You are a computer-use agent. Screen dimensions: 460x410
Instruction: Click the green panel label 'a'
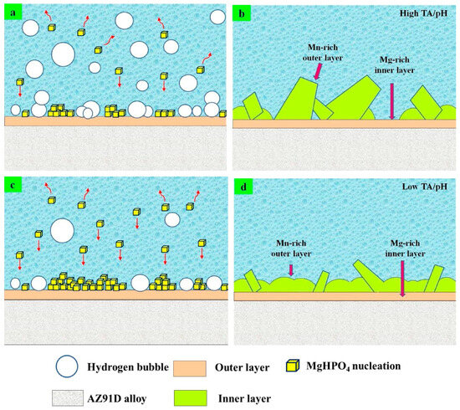coord(13,13)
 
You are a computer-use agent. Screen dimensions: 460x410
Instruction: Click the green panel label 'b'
coord(242,13)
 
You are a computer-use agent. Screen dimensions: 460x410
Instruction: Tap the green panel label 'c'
coord(13,185)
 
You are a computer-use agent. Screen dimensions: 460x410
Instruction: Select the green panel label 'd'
coord(243,187)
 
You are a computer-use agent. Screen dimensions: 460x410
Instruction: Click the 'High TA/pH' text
coord(423,13)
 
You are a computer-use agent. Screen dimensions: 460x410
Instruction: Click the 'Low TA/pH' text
coord(425,187)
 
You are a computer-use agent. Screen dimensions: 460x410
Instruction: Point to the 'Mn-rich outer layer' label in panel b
coord(322,53)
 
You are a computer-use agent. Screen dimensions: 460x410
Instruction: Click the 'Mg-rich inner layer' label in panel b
coord(394,65)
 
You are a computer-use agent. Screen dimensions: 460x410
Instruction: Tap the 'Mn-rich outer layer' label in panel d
coord(291,249)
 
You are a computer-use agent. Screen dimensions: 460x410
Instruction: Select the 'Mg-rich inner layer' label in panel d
coord(405,249)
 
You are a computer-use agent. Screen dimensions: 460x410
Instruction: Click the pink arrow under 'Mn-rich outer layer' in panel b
coord(318,72)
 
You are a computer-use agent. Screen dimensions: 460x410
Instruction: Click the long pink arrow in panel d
coord(402,279)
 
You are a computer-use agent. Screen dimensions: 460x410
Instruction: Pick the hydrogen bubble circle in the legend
coord(67,366)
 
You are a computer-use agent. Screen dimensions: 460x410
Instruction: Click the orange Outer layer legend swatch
coord(190,368)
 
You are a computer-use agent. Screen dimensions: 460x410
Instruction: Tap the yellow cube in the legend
coord(293,366)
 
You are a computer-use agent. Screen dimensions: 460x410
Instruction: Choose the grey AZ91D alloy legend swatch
coord(68,398)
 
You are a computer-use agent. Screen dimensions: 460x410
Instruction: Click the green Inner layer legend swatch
coord(191,398)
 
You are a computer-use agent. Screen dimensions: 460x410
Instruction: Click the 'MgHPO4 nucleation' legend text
coord(354,366)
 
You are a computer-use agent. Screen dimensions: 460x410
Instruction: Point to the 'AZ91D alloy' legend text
coord(117,398)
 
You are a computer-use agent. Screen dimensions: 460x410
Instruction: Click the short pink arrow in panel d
coord(291,270)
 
